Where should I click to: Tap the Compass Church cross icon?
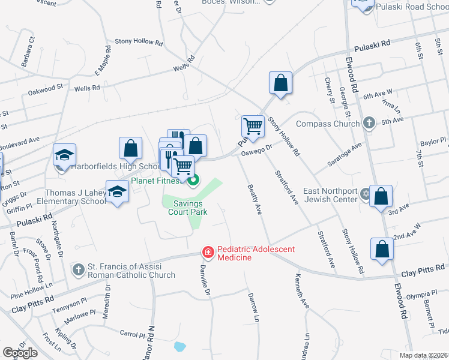tap(369, 124)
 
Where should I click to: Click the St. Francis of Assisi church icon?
tap(77, 269)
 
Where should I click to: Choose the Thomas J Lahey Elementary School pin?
tap(118, 192)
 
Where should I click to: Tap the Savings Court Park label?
tap(188, 208)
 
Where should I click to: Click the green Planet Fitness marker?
tap(193, 179)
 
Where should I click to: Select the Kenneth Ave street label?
tap(301, 292)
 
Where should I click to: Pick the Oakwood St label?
tap(45, 91)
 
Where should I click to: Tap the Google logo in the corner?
tap(20, 353)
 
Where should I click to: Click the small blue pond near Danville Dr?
tap(179, 346)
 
